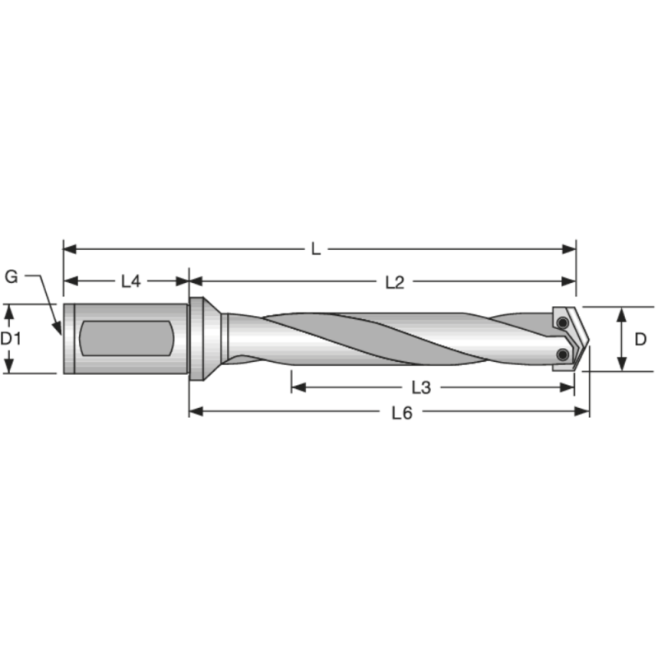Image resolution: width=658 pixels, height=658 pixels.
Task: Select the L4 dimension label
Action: (131, 281)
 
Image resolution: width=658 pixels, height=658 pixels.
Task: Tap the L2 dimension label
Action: (395, 281)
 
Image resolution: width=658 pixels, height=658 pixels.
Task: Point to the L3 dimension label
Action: (421, 387)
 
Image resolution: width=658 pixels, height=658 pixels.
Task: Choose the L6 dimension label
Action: (401, 413)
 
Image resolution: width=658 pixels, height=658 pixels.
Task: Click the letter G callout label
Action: (12, 276)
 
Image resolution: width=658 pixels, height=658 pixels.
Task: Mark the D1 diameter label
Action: (10, 338)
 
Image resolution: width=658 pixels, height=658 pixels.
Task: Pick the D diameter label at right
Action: (642, 338)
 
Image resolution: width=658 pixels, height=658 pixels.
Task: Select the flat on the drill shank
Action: (125, 338)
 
